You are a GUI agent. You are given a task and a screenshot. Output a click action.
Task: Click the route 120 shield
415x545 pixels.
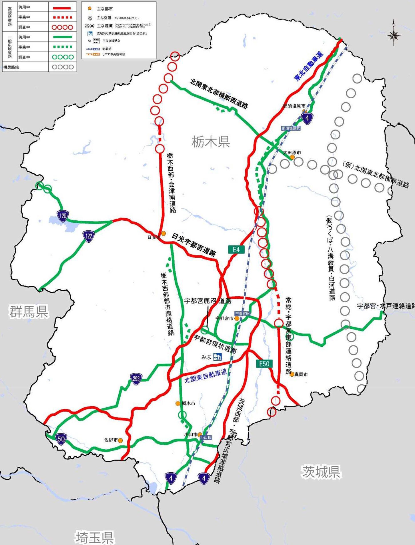[63, 215]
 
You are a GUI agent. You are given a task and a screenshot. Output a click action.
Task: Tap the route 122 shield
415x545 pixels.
[89, 236]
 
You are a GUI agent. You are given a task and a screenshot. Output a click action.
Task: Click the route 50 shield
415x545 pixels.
[61, 439]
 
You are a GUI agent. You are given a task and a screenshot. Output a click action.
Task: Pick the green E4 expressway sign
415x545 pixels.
[236, 249]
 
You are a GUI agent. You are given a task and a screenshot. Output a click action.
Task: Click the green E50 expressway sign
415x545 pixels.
[264, 364]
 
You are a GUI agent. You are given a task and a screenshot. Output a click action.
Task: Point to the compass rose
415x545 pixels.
[394, 35]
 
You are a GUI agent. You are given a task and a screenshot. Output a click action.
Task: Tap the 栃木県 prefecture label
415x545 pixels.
[211, 141]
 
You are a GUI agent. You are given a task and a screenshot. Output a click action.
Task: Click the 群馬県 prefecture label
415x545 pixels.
[29, 312]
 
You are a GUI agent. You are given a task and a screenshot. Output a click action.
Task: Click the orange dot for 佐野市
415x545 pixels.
[121, 440]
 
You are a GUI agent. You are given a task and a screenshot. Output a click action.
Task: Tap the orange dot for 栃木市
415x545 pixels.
[178, 403]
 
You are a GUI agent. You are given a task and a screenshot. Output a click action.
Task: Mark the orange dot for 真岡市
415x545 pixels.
[292, 374]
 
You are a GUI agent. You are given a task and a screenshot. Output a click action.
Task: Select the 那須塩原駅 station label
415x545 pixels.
[291, 128]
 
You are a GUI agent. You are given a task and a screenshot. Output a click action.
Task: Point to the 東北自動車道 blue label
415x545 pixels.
[309, 66]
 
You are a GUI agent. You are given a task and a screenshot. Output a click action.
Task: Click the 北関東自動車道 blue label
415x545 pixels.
[206, 376]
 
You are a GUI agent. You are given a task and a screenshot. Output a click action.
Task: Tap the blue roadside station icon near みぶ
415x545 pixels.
[218, 357]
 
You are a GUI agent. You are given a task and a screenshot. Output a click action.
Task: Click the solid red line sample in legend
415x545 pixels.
[62, 8]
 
